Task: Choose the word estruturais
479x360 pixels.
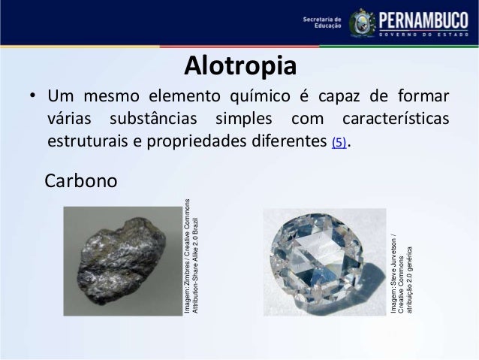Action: click(x=87, y=141)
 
